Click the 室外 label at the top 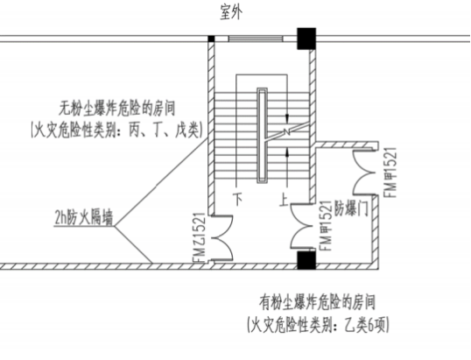coord(231,12)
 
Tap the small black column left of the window coord(212,39)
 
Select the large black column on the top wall coord(306,39)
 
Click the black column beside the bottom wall coord(306,260)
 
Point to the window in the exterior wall coord(256,39)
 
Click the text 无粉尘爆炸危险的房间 coord(116,109)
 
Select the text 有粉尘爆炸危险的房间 coord(318,302)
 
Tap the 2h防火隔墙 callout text coord(84,217)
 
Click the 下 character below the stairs coord(238,199)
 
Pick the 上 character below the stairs coord(285,200)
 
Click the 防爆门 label coord(351,208)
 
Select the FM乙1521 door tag coord(199,237)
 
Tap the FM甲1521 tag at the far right coord(390,173)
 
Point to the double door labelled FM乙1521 coord(222,237)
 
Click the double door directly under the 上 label coord(302,227)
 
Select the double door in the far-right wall coord(364,173)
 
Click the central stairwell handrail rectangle coord(262,136)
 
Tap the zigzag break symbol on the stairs coord(287,131)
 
